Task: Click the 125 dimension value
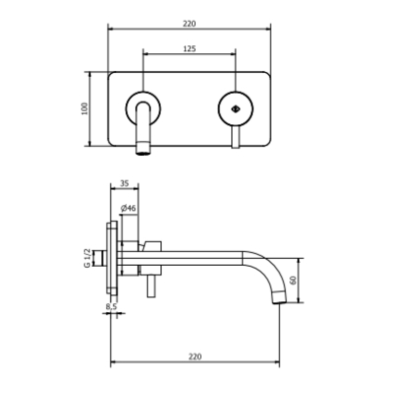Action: pyautogui.click(x=189, y=49)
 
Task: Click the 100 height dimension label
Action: pyautogui.click(x=85, y=108)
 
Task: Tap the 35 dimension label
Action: pyautogui.click(x=124, y=183)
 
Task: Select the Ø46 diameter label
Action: pyautogui.click(x=128, y=208)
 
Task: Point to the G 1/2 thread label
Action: pyautogui.click(x=87, y=258)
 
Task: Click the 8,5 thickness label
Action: pyautogui.click(x=111, y=306)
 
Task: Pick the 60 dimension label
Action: pyautogui.click(x=294, y=280)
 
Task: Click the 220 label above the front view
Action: pyautogui.click(x=189, y=24)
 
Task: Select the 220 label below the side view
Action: pyautogui.click(x=195, y=357)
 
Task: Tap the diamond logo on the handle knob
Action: pyautogui.click(x=235, y=108)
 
